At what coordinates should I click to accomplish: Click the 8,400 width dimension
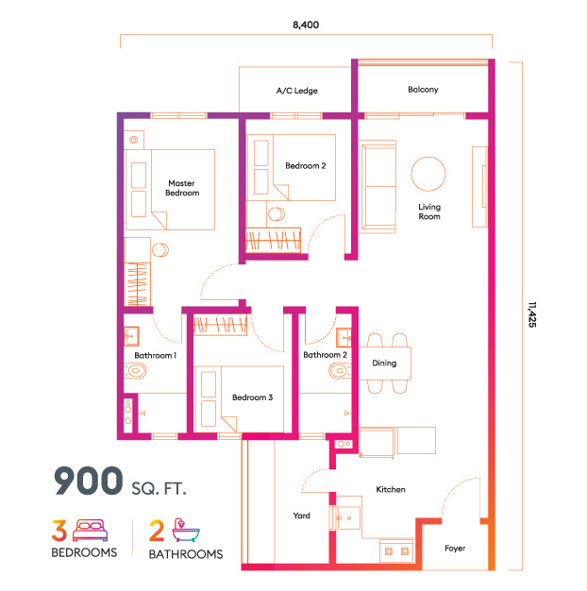[x=306, y=25]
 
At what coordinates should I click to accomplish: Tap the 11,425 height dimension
[x=531, y=314]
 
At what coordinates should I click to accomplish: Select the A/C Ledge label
[x=297, y=91]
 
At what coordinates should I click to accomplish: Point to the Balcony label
[x=423, y=90]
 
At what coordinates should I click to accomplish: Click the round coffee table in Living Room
[x=428, y=174]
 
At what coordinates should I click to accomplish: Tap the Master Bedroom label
[x=182, y=188]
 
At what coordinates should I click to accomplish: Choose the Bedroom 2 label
[x=306, y=166]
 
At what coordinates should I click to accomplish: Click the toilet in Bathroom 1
[x=135, y=370]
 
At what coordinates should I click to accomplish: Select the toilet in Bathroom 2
[x=340, y=370]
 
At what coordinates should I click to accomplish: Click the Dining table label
[x=384, y=363]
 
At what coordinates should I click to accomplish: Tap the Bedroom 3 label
[x=252, y=397]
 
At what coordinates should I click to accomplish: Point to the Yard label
[x=301, y=515]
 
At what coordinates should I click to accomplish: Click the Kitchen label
[x=391, y=489]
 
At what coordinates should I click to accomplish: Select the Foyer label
[x=455, y=548]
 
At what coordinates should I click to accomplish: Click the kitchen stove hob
[x=396, y=551]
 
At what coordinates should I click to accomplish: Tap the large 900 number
[x=88, y=481]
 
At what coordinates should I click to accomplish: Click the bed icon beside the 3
[x=90, y=530]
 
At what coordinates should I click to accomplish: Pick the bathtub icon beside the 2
[x=186, y=530]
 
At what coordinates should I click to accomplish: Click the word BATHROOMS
[x=186, y=554]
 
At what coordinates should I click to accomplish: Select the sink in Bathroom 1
[x=131, y=336]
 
